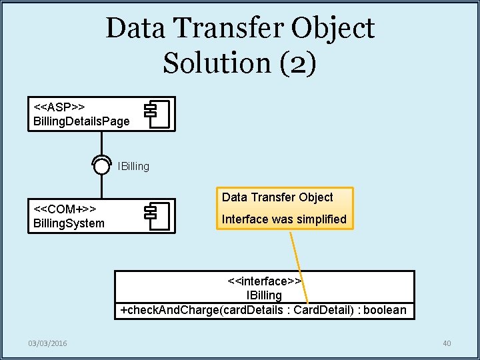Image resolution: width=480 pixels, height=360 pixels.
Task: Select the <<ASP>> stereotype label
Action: pyautogui.click(x=59, y=107)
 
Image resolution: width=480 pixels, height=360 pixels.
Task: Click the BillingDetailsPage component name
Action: pyautogui.click(x=81, y=121)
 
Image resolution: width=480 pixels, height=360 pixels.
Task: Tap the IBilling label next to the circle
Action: pyautogui.click(x=133, y=166)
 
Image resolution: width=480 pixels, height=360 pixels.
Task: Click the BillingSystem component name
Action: pyautogui.click(x=69, y=223)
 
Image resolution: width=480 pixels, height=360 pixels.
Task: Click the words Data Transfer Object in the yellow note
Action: pyautogui.click(x=277, y=197)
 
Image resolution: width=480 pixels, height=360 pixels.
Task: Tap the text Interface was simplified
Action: pyautogui.click(x=284, y=219)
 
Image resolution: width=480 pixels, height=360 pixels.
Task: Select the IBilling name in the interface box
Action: pyautogui.click(x=265, y=295)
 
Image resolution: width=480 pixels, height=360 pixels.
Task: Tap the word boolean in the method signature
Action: pyautogui.click(x=385, y=310)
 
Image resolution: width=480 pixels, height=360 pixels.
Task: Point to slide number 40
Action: pyautogui.click(x=447, y=343)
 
